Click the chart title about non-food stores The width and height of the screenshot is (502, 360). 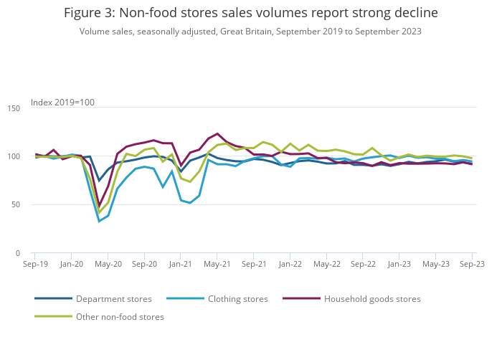tap(251, 13)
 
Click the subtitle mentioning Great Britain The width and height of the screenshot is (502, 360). tap(251, 32)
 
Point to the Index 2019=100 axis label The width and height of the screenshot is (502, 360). tap(62, 103)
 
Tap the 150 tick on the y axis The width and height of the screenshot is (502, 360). tap(14, 108)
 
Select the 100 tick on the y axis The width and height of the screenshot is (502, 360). tap(14, 156)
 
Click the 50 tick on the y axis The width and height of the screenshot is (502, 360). tap(16, 205)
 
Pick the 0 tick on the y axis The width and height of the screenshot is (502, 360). tap(19, 253)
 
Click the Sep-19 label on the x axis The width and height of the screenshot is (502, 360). tap(35, 264)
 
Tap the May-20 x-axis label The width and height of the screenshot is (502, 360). tap(108, 264)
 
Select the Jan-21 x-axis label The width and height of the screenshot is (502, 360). tap(181, 264)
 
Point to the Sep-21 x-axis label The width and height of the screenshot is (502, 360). tap(254, 264)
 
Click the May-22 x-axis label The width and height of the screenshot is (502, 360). tap(327, 264)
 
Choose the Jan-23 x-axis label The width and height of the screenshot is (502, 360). tap(399, 264)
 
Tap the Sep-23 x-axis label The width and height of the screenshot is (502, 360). tap(472, 264)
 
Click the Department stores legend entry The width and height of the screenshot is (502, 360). tap(113, 299)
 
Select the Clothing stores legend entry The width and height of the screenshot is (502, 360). tap(237, 299)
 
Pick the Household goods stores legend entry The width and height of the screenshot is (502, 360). tap(372, 299)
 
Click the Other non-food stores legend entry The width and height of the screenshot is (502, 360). tap(120, 317)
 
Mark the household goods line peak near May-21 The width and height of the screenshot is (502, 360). tap(217, 133)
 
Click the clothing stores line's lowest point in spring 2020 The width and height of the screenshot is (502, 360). tap(99, 221)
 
